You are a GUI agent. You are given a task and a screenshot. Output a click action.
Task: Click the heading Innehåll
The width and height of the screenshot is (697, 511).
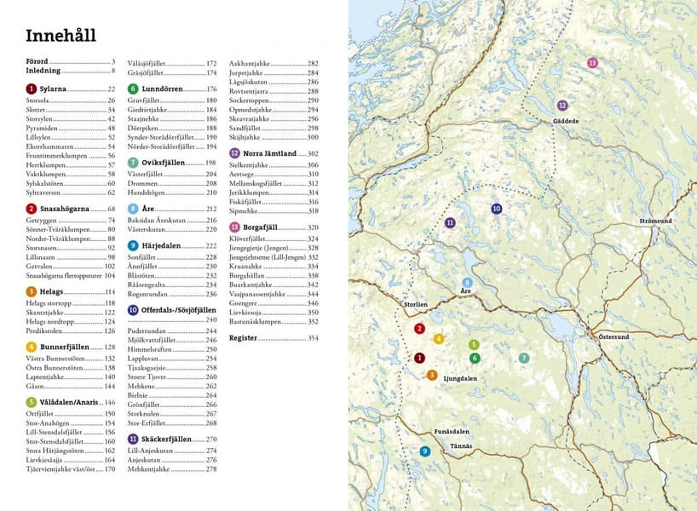pyautogui.click(x=60, y=36)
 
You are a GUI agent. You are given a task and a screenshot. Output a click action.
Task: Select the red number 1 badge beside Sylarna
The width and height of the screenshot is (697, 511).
pyautogui.click(x=32, y=89)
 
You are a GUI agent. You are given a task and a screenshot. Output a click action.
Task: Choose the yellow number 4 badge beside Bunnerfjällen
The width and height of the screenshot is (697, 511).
pyautogui.click(x=32, y=347)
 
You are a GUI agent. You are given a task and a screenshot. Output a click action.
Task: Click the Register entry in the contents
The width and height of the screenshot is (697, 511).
pyautogui.click(x=244, y=338)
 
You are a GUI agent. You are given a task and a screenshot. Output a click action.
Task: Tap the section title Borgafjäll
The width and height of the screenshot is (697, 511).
pyautogui.click(x=265, y=228)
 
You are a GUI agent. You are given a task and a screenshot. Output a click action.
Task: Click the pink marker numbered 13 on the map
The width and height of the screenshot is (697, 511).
pyautogui.click(x=592, y=63)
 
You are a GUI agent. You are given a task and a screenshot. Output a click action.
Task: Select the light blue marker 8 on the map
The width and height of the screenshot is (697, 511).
pyautogui.click(x=467, y=283)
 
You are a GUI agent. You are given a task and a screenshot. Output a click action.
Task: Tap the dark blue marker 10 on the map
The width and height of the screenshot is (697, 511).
pyautogui.click(x=496, y=209)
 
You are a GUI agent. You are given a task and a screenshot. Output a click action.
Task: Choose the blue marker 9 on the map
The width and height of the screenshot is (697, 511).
pyautogui.click(x=424, y=451)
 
